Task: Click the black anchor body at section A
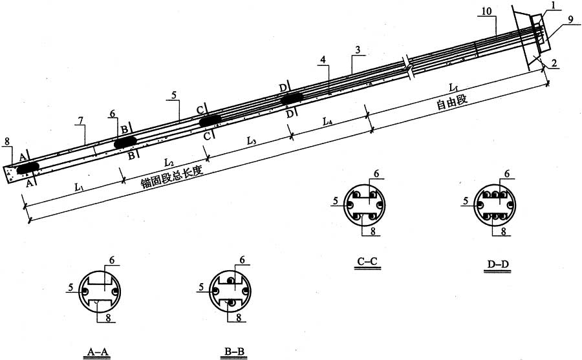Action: click(28, 167)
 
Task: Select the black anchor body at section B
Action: click(125, 142)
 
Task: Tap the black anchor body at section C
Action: click(210, 121)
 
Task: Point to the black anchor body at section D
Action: click(292, 99)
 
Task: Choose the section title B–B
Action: click(235, 351)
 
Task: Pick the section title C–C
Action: click(367, 262)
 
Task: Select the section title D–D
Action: click(497, 264)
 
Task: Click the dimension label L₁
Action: click(79, 187)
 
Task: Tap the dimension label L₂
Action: click(169, 162)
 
